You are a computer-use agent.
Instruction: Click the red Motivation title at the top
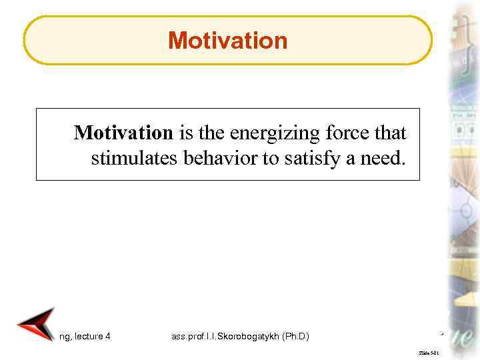click(228, 41)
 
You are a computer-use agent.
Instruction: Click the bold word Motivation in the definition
click(123, 133)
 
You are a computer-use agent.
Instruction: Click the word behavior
click(205, 159)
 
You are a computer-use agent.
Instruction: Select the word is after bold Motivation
click(184, 133)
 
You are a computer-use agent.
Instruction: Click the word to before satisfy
click(258, 159)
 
